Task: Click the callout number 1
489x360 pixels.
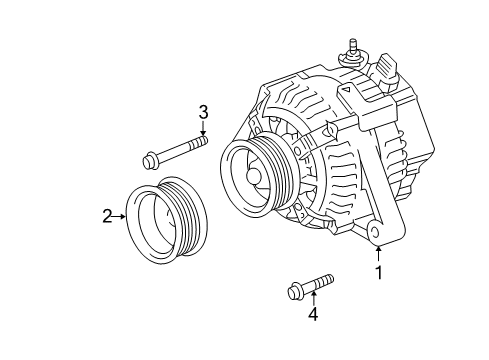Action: (379, 272)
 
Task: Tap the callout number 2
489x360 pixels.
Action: (106, 213)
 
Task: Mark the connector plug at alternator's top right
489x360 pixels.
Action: (388, 69)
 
